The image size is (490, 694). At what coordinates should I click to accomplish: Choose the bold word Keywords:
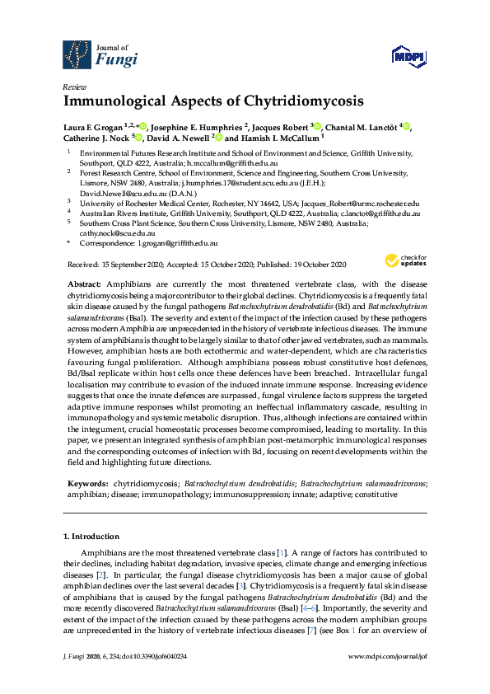point(86,484)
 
